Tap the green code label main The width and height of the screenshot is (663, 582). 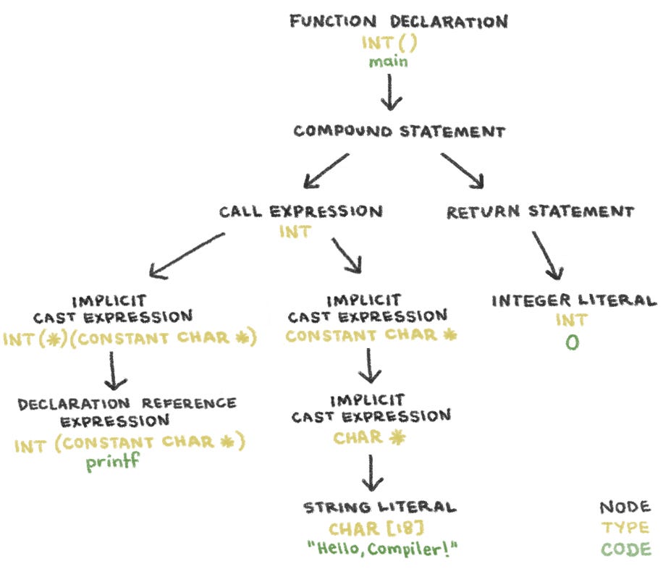pyautogui.click(x=388, y=62)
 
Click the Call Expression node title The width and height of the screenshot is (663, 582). pyautogui.click(x=300, y=211)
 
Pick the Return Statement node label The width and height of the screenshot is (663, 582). pyautogui.click(x=540, y=211)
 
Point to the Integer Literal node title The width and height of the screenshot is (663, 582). pyautogui.click(x=574, y=300)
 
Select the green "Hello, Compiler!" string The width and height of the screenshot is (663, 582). pyautogui.click(x=383, y=549)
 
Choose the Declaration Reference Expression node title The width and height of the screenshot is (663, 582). pyautogui.click(x=127, y=411)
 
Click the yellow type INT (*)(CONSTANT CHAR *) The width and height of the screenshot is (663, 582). pyautogui.click(x=130, y=338)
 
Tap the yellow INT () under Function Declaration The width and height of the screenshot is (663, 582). pyautogui.click(x=389, y=42)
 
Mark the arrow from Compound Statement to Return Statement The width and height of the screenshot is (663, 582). pyautogui.click(x=463, y=169)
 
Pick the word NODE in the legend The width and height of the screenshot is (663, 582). pyautogui.click(x=625, y=507)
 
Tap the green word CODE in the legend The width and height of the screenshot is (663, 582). pyautogui.click(x=625, y=549)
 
